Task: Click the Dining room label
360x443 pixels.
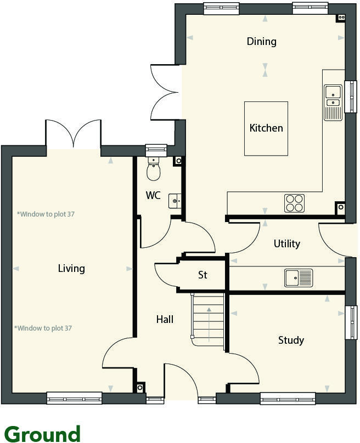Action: [x=261, y=42]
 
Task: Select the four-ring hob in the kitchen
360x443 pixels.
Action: [x=294, y=203]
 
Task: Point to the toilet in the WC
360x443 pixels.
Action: [x=153, y=170]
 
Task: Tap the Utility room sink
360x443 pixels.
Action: [x=298, y=277]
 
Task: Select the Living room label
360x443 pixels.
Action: [x=71, y=268]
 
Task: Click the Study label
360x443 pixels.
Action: [x=291, y=340]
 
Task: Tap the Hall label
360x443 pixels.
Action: [x=165, y=319]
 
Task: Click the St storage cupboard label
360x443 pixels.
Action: [x=203, y=275]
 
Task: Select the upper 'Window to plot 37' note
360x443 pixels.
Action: [x=46, y=214]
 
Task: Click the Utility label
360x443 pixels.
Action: [x=286, y=243]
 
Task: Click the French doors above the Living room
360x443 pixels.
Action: [x=74, y=134]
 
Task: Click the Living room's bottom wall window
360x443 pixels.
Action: [x=74, y=398]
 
